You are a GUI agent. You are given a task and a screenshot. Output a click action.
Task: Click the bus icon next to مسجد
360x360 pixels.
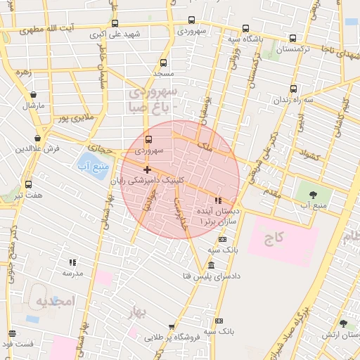coord(164,63)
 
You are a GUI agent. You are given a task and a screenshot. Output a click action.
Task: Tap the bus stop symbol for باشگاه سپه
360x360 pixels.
coord(245,29)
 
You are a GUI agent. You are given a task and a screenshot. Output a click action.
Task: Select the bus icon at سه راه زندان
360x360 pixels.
coord(293,89)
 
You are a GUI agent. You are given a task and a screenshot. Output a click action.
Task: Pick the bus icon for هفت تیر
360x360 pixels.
coord(28,184)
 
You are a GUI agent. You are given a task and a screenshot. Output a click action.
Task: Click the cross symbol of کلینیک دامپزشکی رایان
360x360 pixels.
coord(147,169)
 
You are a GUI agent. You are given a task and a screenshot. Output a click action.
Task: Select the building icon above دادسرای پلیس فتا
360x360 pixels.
coord(211,265)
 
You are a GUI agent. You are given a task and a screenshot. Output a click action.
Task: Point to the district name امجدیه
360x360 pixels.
coord(55,301)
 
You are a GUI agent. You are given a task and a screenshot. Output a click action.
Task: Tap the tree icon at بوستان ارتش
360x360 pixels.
coord(342,323)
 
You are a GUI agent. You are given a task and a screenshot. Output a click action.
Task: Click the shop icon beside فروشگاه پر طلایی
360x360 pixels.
coord(171,327)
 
